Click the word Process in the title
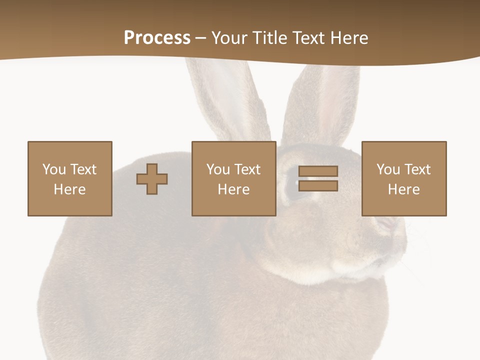(x=157, y=38)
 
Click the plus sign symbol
(x=152, y=178)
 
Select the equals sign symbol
(x=318, y=178)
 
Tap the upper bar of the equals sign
(x=318, y=171)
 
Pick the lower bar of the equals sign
(x=318, y=186)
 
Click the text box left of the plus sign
(x=70, y=178)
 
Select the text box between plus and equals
(x=233, y=178)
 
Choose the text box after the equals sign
(x=404, y=178)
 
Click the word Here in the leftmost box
(x=70, y=189)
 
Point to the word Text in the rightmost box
(x=416, y=169)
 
